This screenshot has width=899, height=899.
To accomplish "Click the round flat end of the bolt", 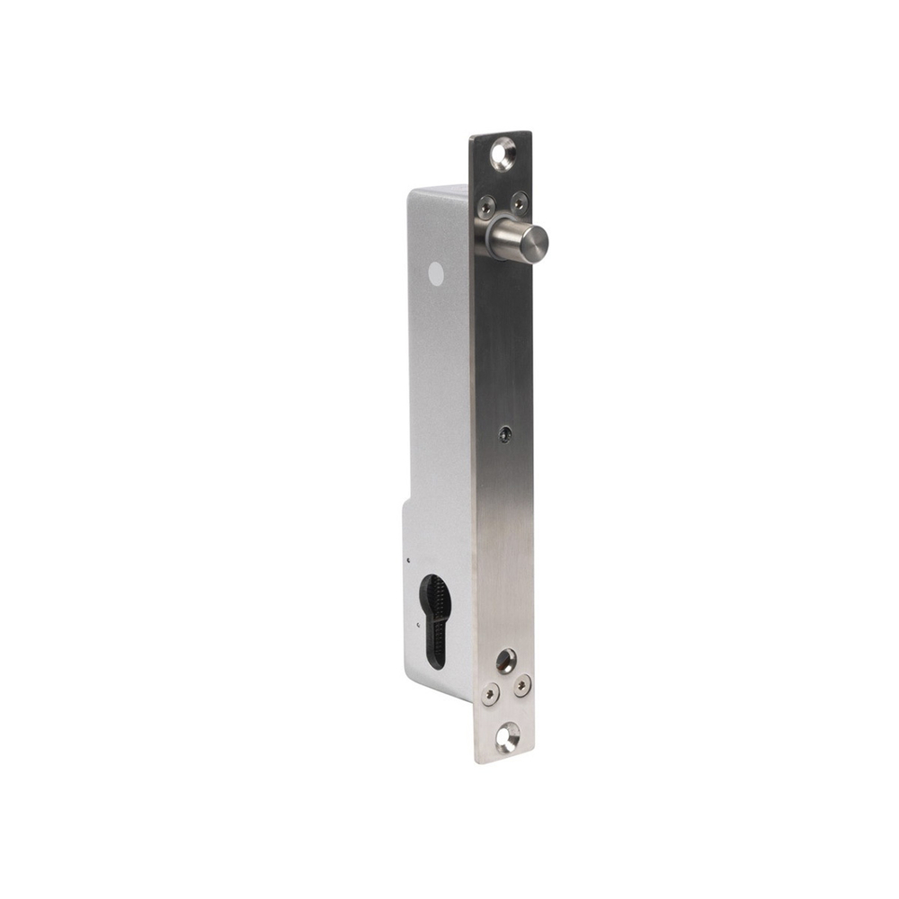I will pyautogui.click(x=535, y=241).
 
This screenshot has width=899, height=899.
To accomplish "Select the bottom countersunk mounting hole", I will pyautogui.click(x=507, y=736).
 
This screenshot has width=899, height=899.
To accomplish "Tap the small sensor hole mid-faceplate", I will pyautogui.click(x=505, y=433).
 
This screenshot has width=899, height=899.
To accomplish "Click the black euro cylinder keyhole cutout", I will pyautogui.click(x=434, y=620).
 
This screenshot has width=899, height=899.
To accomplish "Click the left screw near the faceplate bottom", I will pyautogui.click(x=490, y=693).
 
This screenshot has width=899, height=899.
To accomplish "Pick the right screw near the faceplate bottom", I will pyautogui.click(x=522, y=685).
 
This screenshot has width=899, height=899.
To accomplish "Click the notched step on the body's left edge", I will pyautogui.click(x=405, y=505).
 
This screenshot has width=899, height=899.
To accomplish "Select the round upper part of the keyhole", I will pyautogui.click(x=435, y=594).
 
